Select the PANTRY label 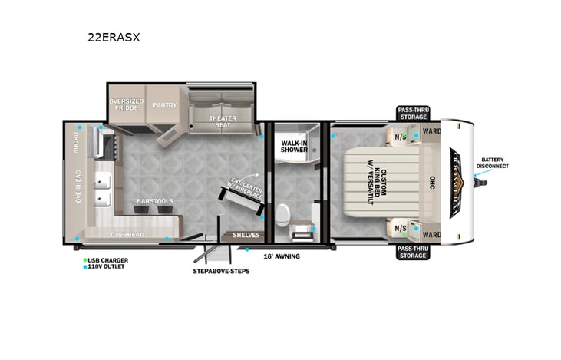point(164,105)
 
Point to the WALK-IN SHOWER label point(295,147)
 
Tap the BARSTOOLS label point(154,201)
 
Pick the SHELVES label point(246,235)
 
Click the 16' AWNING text point(281,256)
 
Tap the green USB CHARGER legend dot point(85,260)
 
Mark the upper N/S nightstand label point(400,137)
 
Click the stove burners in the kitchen point(107,143)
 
